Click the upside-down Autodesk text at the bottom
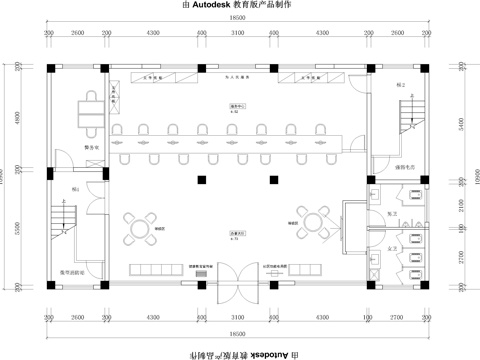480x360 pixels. tap(257, 354)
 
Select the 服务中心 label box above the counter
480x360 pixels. tap(238, 107)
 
